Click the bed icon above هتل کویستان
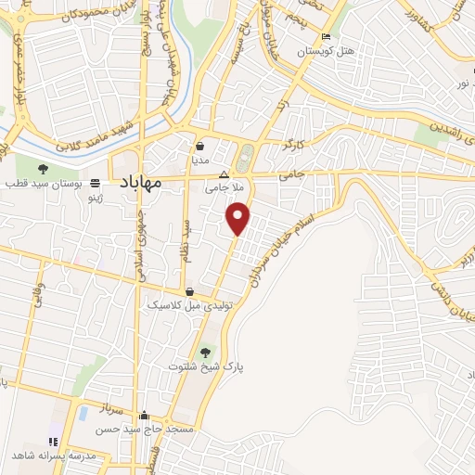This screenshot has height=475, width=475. click(325, 38)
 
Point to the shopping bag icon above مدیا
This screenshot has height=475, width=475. click(199, 146)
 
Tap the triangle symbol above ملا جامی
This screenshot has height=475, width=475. click(223, 173)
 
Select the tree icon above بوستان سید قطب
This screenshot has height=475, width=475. click(44, 168)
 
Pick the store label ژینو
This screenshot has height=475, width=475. click(96, 197)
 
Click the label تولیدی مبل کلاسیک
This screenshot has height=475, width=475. click(189, 304)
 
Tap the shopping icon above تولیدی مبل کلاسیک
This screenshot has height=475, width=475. click(189, 290)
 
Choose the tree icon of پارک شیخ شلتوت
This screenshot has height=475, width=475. click(204, 352)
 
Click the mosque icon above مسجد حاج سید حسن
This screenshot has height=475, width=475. click(143, 417)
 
